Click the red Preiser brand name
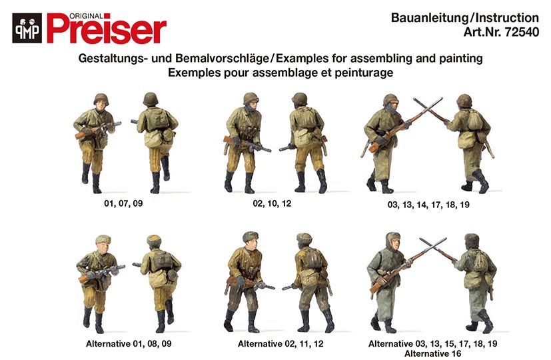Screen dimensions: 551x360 (x=107, y=29)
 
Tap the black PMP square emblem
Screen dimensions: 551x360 (x=27, y=28)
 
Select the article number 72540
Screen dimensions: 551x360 (x=521, y=32)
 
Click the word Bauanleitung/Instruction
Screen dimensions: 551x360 (x=465, y=17)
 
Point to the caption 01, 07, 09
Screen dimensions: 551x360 (x=123, y=203)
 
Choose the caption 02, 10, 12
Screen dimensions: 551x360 (x=272, y=203)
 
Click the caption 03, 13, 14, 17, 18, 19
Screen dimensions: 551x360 (x=428, y=205)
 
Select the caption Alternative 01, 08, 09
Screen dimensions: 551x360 (x=129, y=343)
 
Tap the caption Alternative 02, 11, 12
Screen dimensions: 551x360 (x=280, y=343)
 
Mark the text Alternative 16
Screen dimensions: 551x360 (x=432, y=353)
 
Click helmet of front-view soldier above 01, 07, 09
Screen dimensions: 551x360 (x=101, y=99)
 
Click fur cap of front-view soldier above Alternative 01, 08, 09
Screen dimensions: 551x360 (x=103, y=239)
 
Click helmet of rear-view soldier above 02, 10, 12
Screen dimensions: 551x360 (x=299, y=99)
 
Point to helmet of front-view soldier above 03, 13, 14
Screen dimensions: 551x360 (x=390, y=100)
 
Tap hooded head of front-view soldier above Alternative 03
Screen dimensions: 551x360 (x=393, y=241)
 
